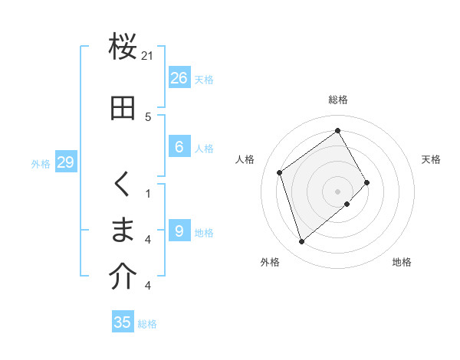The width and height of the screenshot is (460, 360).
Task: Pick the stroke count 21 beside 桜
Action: [148, 56]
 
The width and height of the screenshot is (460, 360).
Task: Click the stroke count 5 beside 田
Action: [148, 117]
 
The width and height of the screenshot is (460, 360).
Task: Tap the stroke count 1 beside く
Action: [148, 194]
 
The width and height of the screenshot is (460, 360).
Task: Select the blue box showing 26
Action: [179, 78]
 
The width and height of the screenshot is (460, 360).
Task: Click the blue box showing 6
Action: [179, 147]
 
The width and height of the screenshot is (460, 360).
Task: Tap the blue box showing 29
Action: [65, 162]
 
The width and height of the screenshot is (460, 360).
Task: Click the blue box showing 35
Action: [123, 322]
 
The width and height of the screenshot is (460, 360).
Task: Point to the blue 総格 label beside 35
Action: [147, 324]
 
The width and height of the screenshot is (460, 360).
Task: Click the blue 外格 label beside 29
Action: [41, 163]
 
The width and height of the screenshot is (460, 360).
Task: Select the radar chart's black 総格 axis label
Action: [337, 100]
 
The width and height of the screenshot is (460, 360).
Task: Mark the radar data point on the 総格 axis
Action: [337, 131]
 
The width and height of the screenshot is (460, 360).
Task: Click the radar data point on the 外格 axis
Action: [301, 242]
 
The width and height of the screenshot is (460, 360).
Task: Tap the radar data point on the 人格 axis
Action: [280, 172]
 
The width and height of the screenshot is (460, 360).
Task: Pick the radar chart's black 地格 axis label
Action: [402, 262]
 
